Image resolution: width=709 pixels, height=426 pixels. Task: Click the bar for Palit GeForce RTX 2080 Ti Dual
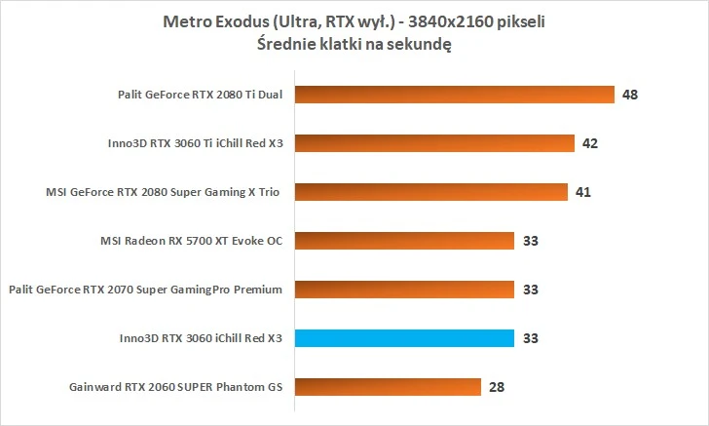453,95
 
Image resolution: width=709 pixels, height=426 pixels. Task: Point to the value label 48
630,95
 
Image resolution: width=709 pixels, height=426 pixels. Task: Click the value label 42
589,143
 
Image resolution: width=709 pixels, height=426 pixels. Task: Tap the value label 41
583,192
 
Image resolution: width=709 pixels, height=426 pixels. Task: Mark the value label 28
497,387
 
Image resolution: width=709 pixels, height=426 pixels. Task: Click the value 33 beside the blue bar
530,338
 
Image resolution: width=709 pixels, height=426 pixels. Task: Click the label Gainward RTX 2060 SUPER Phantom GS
175,387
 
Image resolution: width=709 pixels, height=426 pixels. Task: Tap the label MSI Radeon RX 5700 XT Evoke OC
191,241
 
